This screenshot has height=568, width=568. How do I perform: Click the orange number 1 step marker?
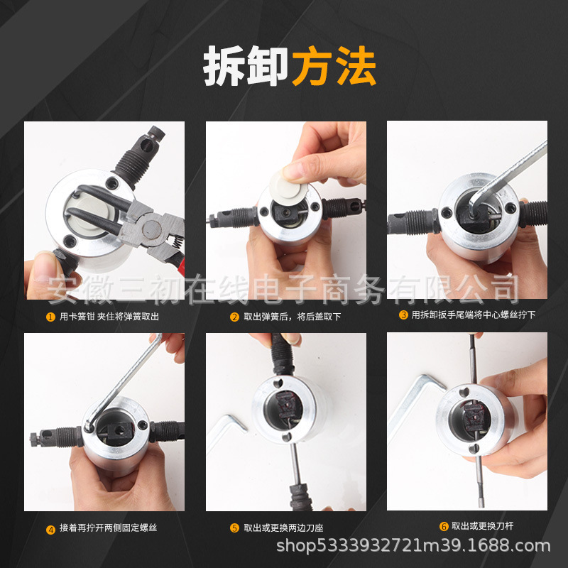tap(50, 317)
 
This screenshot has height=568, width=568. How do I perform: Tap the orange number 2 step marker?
tap(234, 317)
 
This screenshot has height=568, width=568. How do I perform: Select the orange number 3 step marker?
tap(403, 315)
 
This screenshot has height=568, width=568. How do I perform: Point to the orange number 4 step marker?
tap(50, 530)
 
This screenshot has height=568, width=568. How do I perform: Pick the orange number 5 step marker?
tap(234, 528)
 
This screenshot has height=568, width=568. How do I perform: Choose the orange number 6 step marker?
tap(444, 526)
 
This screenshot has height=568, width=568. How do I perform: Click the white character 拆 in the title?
tap(224, 66)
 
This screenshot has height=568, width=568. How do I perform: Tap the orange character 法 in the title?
tap(356, 66)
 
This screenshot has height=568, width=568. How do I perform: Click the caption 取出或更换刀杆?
tap(482, 526)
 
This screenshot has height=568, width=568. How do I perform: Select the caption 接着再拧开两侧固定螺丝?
tap(109, 528)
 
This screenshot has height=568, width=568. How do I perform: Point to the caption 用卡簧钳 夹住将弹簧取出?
tap(109, 317)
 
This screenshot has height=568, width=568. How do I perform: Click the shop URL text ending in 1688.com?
tap(413, 546)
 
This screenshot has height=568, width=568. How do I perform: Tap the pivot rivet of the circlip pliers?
tap(151, 229)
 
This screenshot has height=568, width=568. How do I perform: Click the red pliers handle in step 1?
tap(178, 261)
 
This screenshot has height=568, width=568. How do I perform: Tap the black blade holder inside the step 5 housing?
tap(289, 404)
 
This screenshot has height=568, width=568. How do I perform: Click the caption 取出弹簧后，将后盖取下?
tap(293, 317)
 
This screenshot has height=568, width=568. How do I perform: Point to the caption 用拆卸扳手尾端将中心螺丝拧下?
tap(473, 315)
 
